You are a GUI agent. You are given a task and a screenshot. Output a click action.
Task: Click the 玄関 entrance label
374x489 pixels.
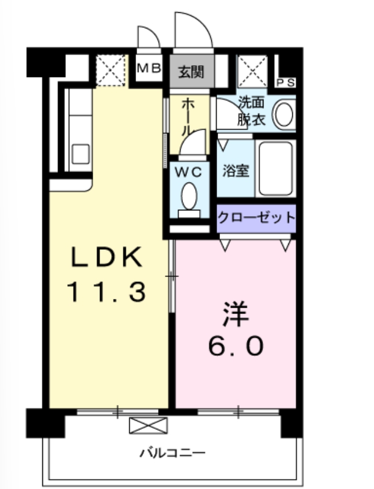191,73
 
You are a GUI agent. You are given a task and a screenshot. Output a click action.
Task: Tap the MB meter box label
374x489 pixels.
149,68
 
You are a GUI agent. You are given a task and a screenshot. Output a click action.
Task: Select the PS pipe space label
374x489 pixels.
286,83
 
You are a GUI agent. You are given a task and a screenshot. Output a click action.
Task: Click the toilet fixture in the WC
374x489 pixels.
189,198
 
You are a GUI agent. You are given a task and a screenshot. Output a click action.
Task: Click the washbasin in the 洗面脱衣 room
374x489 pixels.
284,114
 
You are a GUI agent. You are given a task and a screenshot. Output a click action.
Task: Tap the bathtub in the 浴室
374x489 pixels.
276,168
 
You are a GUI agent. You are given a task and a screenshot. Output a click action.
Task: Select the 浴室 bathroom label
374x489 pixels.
236,171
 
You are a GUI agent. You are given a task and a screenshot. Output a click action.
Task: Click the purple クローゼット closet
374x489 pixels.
256,218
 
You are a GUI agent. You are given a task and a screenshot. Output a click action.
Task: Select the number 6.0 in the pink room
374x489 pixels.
236,346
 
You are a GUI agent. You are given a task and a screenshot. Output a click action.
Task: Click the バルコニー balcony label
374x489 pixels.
172,452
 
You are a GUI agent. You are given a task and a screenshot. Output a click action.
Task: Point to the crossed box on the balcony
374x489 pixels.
148,426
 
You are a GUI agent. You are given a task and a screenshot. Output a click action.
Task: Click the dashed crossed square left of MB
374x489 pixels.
110,70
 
